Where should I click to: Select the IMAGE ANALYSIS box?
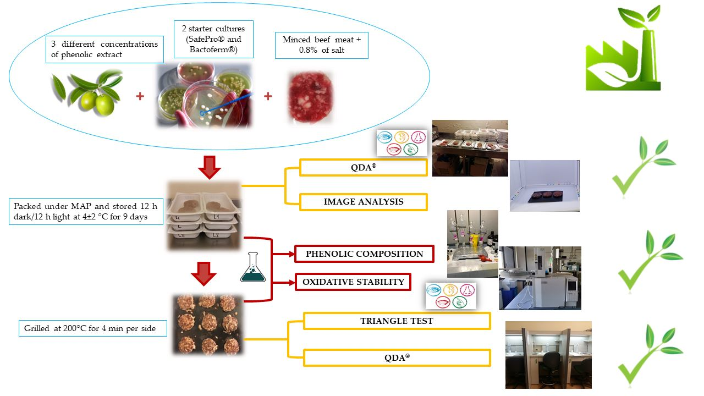point(363,202)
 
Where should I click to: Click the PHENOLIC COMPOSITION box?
point(364,254)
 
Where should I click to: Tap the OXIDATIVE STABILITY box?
point(353,282)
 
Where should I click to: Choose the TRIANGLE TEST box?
point(396,321)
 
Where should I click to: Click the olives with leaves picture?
point(88,92)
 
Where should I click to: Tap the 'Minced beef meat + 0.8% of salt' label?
point(322,45)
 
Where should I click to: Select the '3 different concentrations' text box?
point(105,50)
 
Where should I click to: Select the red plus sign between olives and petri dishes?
point(140,96)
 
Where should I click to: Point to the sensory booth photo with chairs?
point(548,355)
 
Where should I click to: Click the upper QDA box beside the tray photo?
point(363,168)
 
